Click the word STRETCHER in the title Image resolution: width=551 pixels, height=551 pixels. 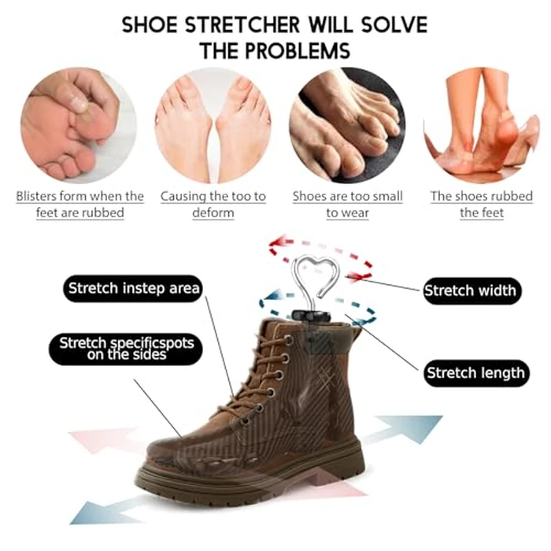click(248, 24)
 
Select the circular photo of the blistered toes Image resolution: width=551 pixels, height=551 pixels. click(79, 126)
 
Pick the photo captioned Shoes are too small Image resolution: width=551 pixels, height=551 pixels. click(347, 126)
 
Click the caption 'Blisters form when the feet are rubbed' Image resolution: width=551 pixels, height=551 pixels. click(80, 205)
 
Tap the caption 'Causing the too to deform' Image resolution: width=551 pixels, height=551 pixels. click(213, 205)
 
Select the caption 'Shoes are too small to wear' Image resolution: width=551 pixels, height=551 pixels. click(347, 205)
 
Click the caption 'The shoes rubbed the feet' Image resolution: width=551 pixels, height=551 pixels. click(482, 205)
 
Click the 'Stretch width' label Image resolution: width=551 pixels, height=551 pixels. click(471, 290)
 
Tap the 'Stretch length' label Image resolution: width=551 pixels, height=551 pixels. click(475, 372)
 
